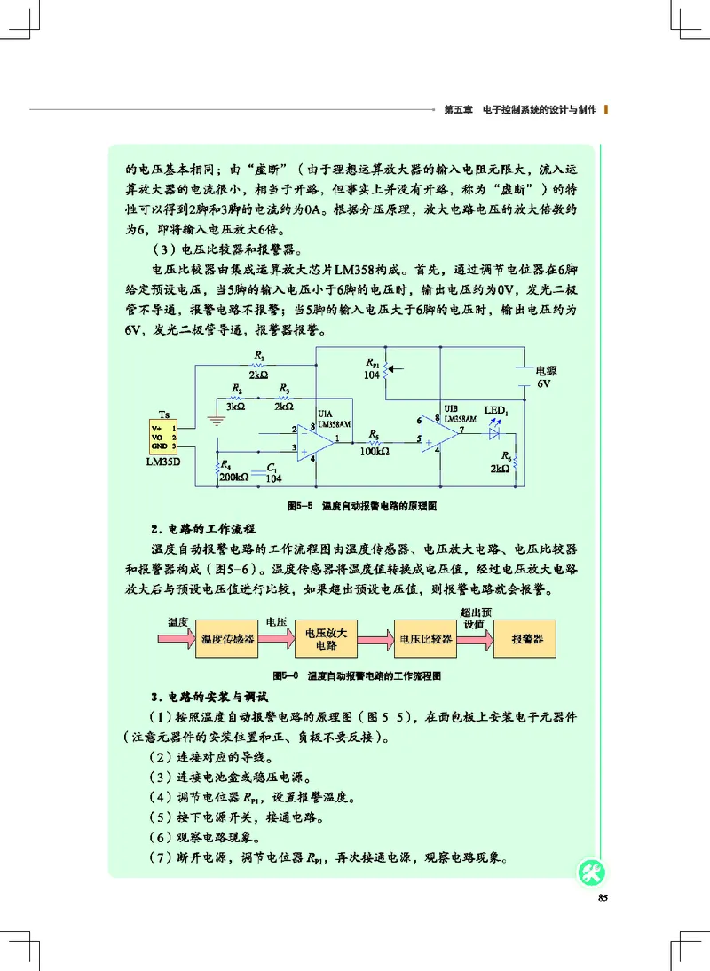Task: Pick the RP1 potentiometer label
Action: pos(373,364)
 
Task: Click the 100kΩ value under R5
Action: pos(375,452)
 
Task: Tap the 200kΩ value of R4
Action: pos(235,477)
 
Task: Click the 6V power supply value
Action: pos(544,387)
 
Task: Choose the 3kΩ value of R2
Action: pos(235,407)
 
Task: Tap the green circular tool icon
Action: pos(591,872)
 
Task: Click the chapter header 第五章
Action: pos(456,110)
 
